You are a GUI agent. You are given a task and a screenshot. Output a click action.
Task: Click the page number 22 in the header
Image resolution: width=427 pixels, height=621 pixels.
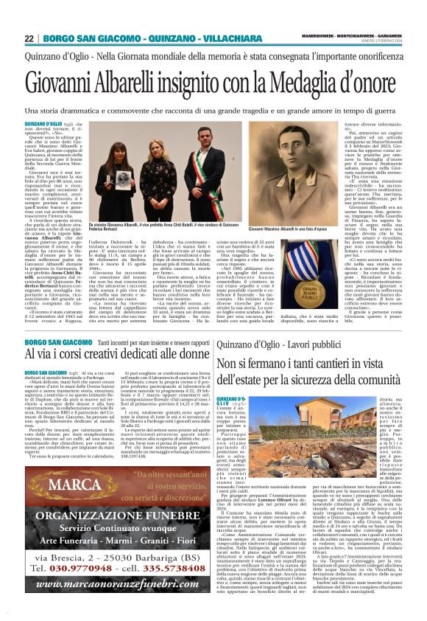pyautogui.click(x=29, y=38)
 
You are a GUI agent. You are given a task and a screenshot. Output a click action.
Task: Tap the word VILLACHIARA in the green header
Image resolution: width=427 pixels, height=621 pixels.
pyautogui.click(x=204, y=38)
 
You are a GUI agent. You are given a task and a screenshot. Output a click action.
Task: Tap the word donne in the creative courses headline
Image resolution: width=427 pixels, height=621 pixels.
pyautogui.click(x=186, y=354)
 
